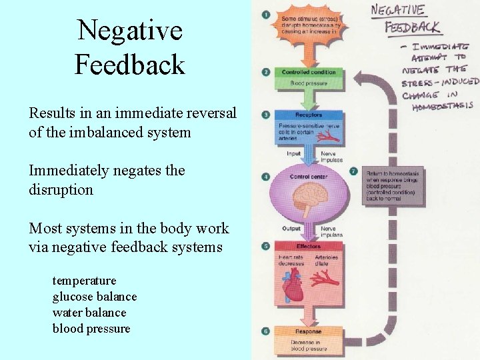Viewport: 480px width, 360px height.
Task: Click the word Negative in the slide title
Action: pyautogui.click(x=129, y=30)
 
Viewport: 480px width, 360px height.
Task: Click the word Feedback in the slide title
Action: pyautogui.click(x=129, y=65)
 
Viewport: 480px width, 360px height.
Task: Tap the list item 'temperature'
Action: pyautogui.click(x=84, y=281)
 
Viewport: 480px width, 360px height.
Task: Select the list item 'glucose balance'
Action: pyautogui.click(x=95, y=297)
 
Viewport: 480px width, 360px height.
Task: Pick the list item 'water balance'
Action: pyautogui.click(x=89, y=313)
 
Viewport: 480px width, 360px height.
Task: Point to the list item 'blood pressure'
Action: pyautogui.click(x=91, y=329)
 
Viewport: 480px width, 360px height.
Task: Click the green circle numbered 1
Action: pyautogui.click(x=266, y=14)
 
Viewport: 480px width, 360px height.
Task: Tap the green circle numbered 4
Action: pyautogui.click(x=266, y=177)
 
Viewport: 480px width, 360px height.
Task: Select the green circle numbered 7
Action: pyautogui.click(x=354, y=171)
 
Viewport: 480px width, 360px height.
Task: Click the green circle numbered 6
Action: pyautogui.click(x=266, y=331)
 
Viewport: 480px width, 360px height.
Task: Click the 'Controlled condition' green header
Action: pyautogui.click(x=309, y=73)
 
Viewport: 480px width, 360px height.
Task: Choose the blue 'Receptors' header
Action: pyautogui.click(x=309, y=115)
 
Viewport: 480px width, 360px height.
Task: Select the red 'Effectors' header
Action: pyautogui.click(x=309, y=247)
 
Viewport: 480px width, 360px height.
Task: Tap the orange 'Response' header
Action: pyautogui.click(x=308, y=331)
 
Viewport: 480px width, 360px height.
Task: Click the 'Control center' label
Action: pyautogui.click(x=308, y=177)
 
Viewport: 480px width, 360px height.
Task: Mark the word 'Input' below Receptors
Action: pyautogui.click(x=293, y=153)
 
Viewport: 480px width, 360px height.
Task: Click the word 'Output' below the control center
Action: pyautogui.click(x=291, y=229)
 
